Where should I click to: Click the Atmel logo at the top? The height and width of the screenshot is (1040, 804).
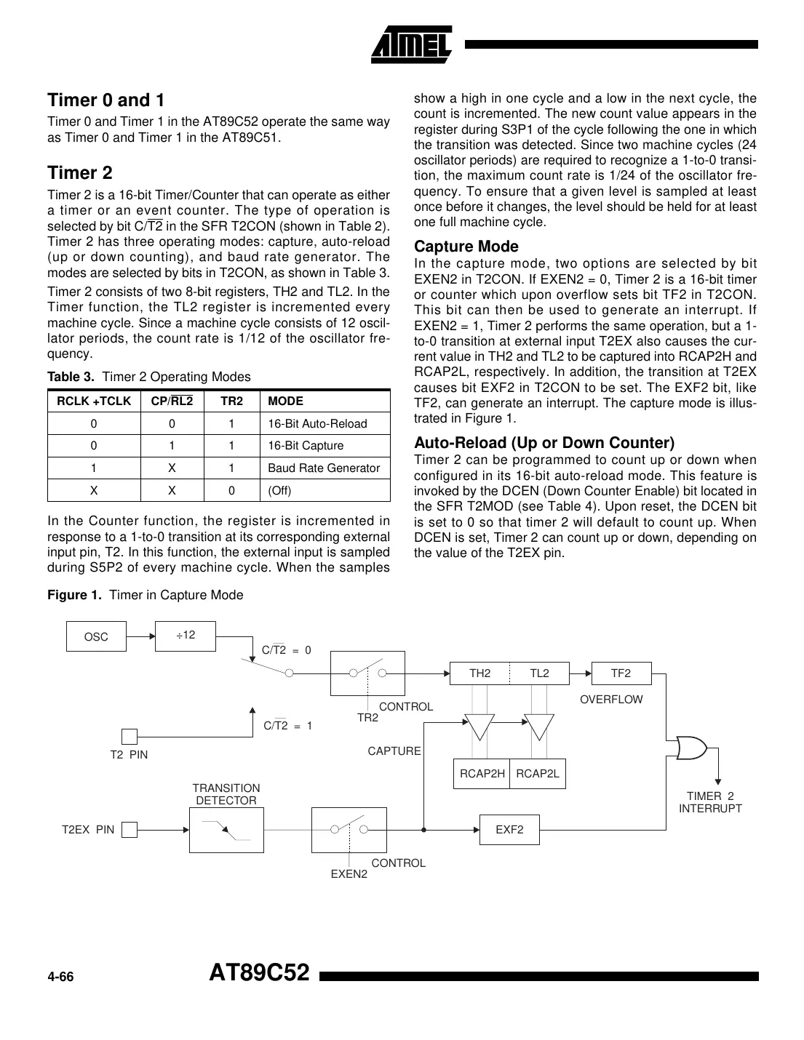pyautogui.click(x=411, y=44)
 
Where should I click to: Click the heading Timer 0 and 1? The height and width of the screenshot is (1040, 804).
pyautogui.click(x=106, y=100)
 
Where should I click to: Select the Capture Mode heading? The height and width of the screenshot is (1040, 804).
pyautogui.click(x=466, y=247)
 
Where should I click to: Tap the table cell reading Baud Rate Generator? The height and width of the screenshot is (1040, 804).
pyautogui.click(x=324, y=468)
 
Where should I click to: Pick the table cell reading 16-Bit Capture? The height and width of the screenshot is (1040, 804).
pyautogui.click(x=306, y=446)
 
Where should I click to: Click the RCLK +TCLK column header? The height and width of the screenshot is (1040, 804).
pyautogui.click(x=94, y=401)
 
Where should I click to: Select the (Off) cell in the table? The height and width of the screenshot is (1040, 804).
pyautogui.click(x=279, y=490)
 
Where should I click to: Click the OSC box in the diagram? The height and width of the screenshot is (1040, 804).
pyautogui.click(x=96, y=636)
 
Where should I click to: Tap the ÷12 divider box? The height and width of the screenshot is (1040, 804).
pyautogui.click(x=186, y=636)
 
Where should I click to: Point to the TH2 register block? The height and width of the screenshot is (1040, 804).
pyautogui.click(x=480, y=673)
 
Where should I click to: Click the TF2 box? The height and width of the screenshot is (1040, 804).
pyautogui.click(x=621, y=673)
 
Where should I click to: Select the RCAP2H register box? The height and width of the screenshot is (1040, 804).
pyautogui.click(x=482, y=774)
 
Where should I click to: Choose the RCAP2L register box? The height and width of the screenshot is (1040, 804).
pyautogui.click(x=538, y=774)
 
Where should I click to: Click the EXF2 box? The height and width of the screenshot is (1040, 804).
pyautogui.click(x=509, y=829)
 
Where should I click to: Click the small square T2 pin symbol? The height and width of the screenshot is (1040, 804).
pyautogui.click(x=129, y=737)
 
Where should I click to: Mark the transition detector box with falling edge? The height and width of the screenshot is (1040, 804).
pyautogui.click(x=226, y=830)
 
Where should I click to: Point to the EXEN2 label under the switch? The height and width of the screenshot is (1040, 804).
pyautogui.click(x=349, y=873)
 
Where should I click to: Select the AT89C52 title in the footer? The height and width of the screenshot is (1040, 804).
pyautogui.click(x=259, y=973)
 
